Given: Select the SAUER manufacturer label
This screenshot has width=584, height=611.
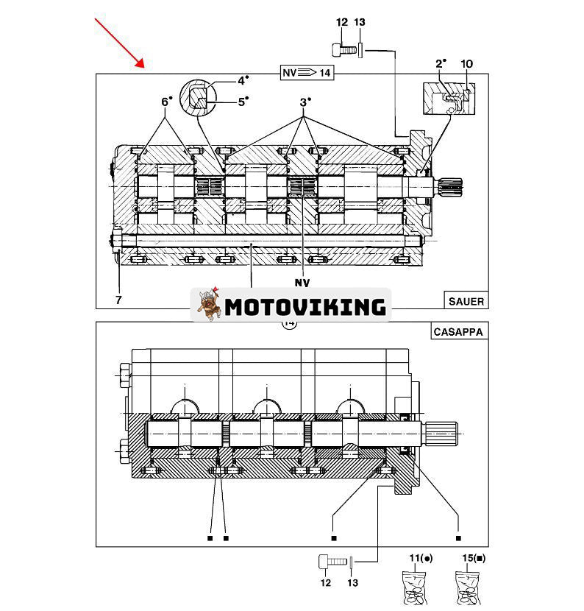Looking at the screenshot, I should [466, 300].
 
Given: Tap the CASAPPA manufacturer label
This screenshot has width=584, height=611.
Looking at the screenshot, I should [457, 332].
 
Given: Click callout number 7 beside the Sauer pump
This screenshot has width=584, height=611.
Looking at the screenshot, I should [118, 300].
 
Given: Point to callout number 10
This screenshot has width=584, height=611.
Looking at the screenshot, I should [466, 64].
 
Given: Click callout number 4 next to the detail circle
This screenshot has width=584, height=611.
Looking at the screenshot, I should [242, 80].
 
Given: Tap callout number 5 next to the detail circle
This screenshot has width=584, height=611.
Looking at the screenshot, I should [242, 102].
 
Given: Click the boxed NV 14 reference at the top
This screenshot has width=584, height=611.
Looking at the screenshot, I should [307, 72].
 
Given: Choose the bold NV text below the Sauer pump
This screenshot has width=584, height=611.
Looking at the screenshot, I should [302, 283].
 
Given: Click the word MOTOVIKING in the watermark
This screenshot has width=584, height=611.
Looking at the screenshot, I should [305, 306].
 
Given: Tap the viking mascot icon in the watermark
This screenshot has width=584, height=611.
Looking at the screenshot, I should [209, 304].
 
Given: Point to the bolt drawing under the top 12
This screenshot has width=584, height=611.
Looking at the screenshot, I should [342, 50].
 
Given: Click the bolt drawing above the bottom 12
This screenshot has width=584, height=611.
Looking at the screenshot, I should [332, 562].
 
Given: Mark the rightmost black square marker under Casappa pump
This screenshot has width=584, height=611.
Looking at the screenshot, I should [457, 538].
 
